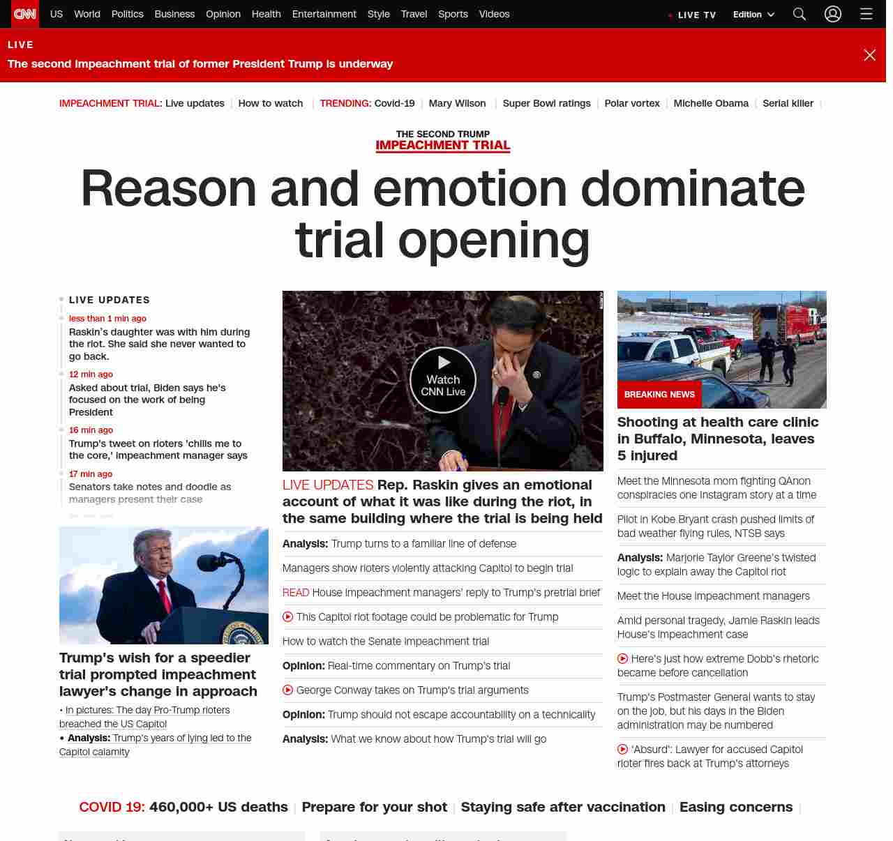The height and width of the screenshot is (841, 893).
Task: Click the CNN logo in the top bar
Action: pyautogui.click(x=25, y=14)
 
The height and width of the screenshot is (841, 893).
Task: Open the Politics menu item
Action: pyautogui.click(x=127, y=14)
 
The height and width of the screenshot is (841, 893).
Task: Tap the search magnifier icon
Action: pyautogui.click(x=800, y=14)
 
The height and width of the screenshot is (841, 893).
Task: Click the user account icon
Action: pyautogui.click(x=833, y=14)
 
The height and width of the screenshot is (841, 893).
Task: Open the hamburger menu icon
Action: pyautogui.click(x=866, y=14)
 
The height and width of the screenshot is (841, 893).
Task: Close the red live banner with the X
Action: pyautogui.click(x=869, y=55)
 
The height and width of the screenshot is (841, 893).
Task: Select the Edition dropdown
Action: pyautogui.click(x=753, y=15)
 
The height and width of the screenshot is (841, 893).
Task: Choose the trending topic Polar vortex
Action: pyautogui.click(x=632, y=103)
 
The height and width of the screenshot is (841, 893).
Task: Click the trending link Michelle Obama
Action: pyautogui.click(x=711, y=103)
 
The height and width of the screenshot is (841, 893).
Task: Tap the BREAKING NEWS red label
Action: pyautogui.click(x=659, y=395)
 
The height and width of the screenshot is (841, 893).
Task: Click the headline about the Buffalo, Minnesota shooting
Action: pyautogui.click(x=718, y=439)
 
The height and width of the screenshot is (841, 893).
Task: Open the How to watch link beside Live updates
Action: pyautogui.click(x=271, y=103)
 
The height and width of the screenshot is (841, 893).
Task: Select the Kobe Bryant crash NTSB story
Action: pyautogui.click(x=715, y=526)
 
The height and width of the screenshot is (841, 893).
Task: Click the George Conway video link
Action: pyautogui.click(x=412, y=690)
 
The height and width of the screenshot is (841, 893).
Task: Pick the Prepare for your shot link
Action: pyautogui.click(x=374, y=807)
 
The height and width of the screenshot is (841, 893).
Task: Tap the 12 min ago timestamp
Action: pyautogui.click(x=91, y=374)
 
